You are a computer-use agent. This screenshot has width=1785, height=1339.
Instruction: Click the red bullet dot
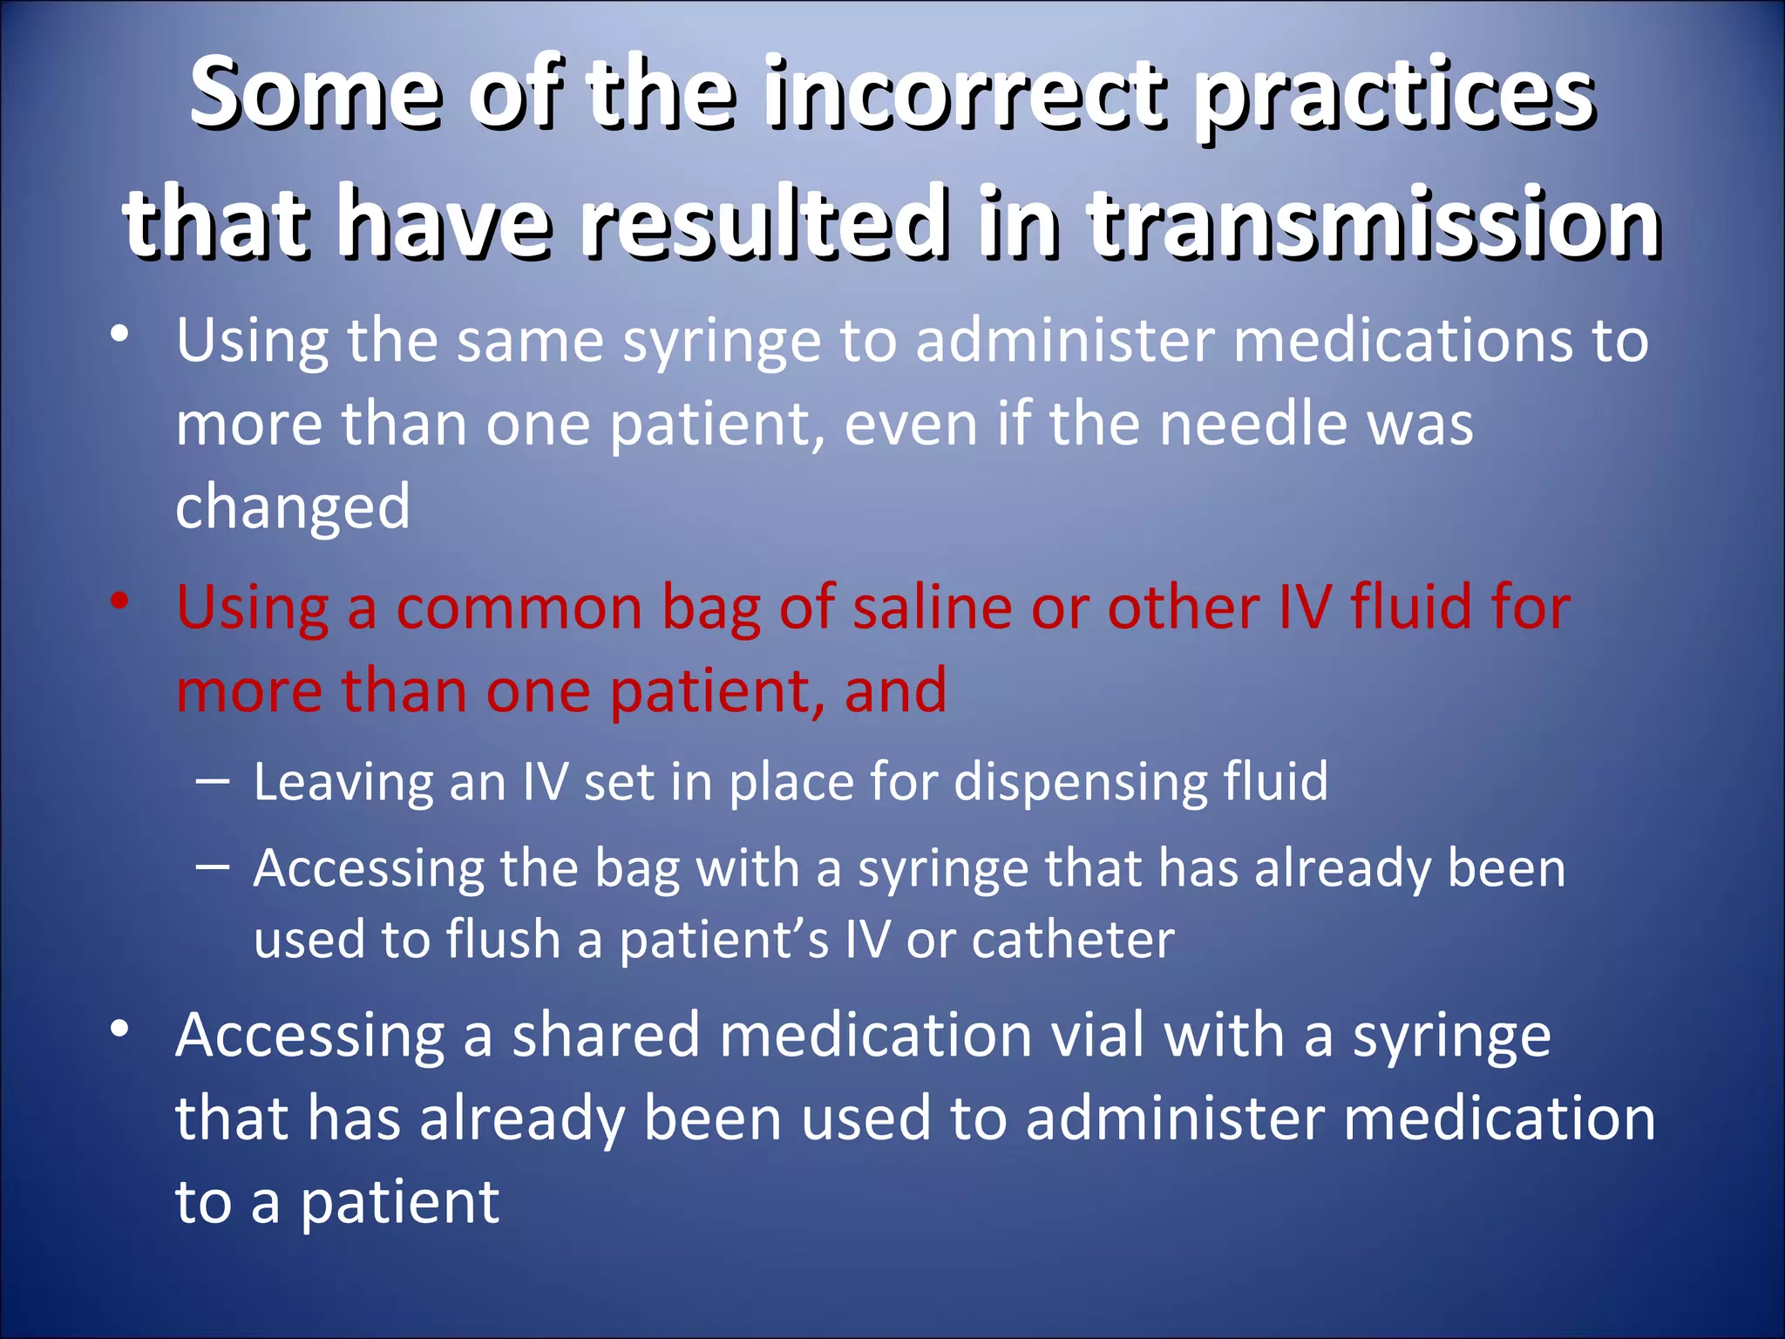(120, 602)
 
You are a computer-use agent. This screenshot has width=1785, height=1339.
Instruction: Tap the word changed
(293, 507)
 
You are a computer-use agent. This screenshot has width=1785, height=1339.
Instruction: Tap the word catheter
(1073, 940)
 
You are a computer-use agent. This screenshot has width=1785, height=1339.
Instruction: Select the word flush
(503, 940)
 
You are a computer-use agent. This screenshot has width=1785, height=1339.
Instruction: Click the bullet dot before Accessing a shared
(120, 1030)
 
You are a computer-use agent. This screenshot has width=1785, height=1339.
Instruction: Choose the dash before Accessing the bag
(214, 867)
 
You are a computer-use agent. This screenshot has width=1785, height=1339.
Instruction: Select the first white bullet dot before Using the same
(120, 335)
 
